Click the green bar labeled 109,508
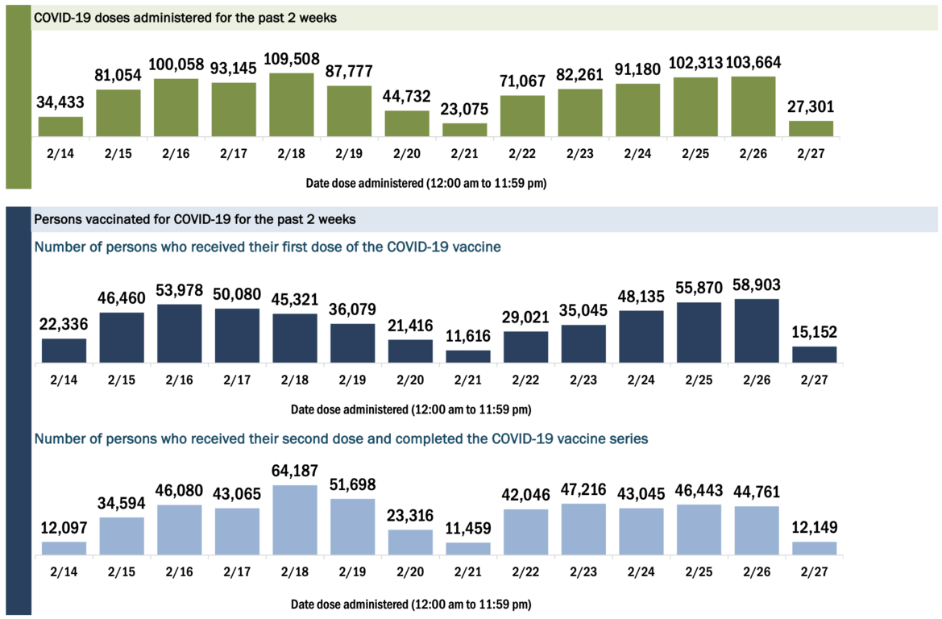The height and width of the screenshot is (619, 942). (292, 106)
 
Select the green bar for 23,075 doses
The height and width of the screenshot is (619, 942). (465, 130)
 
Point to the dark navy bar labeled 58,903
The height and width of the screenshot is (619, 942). (757, 331)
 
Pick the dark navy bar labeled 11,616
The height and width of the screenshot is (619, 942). (467, 356)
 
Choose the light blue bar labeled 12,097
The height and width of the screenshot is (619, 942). (64, 548)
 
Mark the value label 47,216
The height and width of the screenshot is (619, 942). (583, 490)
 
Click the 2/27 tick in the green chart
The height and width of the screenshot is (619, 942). (811, 152)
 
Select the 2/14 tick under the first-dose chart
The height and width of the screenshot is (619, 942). (64, 378)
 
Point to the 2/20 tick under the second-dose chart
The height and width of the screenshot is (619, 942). (410, 571)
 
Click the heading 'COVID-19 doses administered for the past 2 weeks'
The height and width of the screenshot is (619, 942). (185, 18)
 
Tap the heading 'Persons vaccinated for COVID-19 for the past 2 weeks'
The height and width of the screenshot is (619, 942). (194, 219)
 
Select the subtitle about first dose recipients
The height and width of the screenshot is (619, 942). (267, 247)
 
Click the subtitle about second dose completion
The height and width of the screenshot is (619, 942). (341, 439)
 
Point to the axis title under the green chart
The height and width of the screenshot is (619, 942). (425, 183)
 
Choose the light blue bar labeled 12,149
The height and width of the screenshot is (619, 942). (815, 548)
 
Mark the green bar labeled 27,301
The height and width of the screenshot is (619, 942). (811, 128)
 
